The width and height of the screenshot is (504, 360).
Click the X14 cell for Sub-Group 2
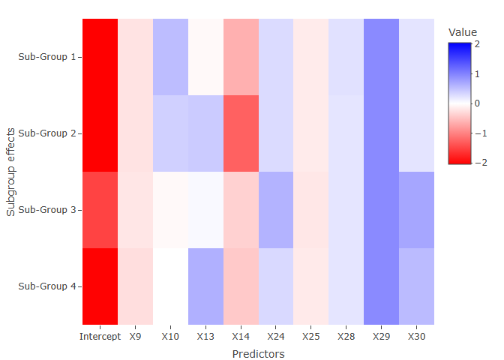[x=241, y=133]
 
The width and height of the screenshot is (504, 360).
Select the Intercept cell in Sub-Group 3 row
[x=100, y=210]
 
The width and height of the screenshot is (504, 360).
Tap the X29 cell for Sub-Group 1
[x=381, y=57]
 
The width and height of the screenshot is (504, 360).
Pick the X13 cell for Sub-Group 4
[x=205, y=286]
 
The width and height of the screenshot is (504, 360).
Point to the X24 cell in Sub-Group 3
[x=276, y=210]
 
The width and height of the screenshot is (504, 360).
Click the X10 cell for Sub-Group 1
[x=170, y=57]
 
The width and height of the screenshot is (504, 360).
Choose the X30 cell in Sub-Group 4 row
[x=416, y=286]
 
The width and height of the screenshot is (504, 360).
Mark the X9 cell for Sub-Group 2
[x=135, y=133]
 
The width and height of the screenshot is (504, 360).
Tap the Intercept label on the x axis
[x=100, y=337]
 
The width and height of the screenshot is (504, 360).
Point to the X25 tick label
[x=311, y=337]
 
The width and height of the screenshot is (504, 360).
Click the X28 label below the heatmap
[x=346, y=337]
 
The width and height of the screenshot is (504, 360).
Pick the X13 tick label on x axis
[x=205, y=337]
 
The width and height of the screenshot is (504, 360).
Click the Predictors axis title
[x=258, y=354]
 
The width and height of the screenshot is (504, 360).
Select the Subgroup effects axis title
[x=11, y=172]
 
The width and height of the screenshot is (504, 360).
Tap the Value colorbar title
[x=462, y=32]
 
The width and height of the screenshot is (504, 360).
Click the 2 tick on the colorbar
[x=477, y=44]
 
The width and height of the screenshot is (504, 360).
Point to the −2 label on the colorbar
[x=477, y=163]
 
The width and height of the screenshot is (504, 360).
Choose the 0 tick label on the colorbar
[x=477, y=103]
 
